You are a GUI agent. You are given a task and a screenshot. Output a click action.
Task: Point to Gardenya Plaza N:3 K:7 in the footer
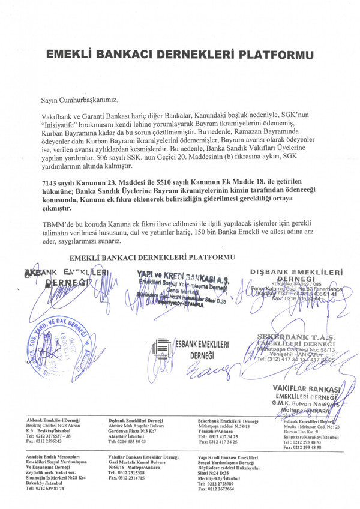pos(133,430)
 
